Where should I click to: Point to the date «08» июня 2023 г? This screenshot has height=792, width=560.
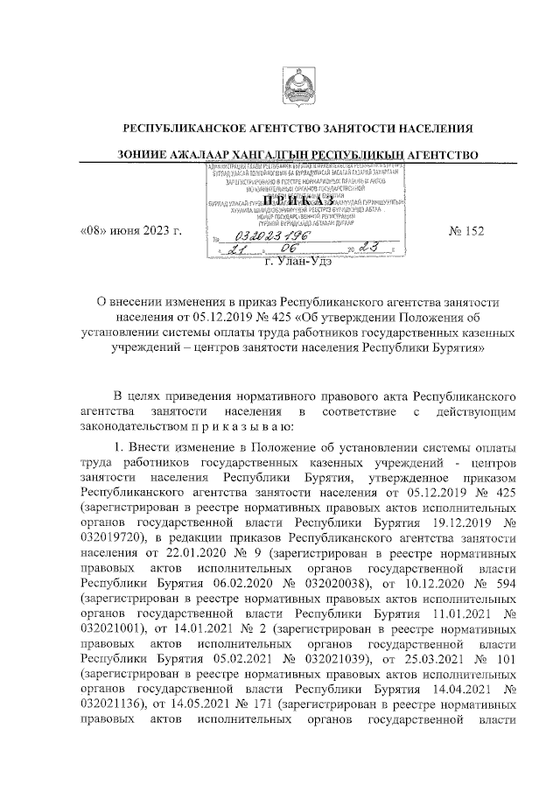pos(130,231)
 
